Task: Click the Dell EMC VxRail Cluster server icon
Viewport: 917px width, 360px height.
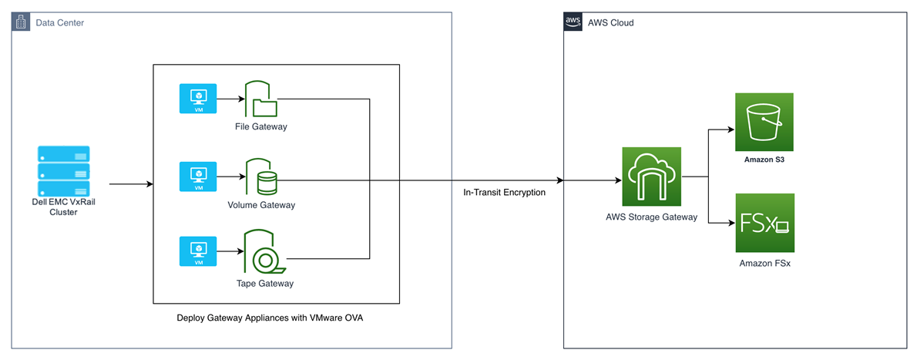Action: click(64, 171)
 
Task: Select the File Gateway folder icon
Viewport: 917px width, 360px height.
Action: click(260, 99)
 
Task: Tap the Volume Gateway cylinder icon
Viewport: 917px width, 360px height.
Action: click(260, 177)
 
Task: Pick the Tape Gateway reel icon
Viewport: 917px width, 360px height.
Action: click(264, 253)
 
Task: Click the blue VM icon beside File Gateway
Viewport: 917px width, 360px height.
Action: click(198, 99)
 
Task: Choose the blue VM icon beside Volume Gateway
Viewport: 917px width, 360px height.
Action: click(198, 177)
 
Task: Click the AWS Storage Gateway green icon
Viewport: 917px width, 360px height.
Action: click(651, 177)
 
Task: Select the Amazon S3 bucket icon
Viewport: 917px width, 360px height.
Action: click(764, 122)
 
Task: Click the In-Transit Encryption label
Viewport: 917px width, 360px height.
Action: click(504, 192)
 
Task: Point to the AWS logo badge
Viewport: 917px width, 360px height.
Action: click(573, 22)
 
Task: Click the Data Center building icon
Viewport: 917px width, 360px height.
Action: click(21, 22)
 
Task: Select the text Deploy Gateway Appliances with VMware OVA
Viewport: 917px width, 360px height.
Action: click(274, 318)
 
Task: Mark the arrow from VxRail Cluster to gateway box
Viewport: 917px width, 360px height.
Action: click(131, 184)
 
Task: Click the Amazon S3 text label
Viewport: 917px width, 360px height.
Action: click(764, 160)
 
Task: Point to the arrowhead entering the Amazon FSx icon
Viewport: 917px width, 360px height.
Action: click(731, 223)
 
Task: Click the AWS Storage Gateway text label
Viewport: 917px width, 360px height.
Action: click(651, 217)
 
